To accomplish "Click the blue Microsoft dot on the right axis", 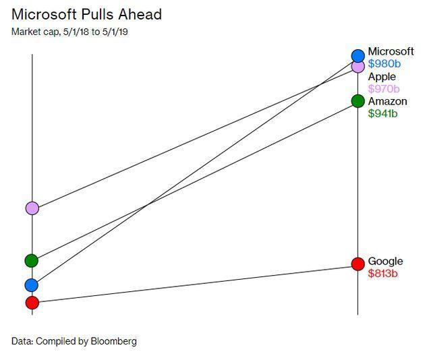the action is (x=358, y=56).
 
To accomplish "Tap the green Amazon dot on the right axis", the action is (x=358, y=101).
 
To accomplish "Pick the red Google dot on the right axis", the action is (x=358, y=264).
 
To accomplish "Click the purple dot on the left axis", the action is (x=32, y=208).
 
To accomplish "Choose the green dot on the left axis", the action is (x=32, y=261).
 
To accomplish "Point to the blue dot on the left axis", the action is (x=32, y=285).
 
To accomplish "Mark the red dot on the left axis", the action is (x=32, y=303).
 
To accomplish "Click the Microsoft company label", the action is (x=391, y=51).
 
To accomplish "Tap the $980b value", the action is (x=385, y=63).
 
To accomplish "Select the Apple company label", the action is (x=382, y=77).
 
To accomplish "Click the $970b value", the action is (x=384, y=88).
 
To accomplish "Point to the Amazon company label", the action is (x=388, y=101).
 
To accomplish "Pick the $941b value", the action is (x=382, y=113).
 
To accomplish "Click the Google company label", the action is (x=385, y=262).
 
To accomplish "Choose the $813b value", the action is (x=382, y=273).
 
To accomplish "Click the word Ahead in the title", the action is (x=140, y=14).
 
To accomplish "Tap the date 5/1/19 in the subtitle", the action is (x=115, y=32).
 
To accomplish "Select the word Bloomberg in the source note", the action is (x=113, y=341).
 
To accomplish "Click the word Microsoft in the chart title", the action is (x=44, y=14).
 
